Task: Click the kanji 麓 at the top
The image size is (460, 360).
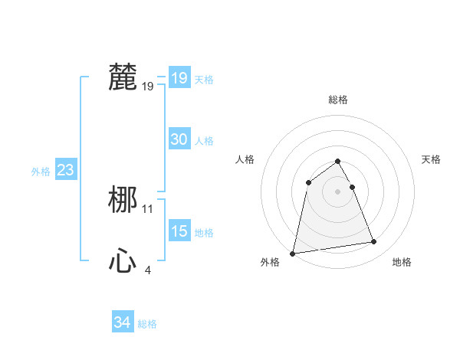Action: coord(123,77)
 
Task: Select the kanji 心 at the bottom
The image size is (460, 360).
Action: coord(123,262)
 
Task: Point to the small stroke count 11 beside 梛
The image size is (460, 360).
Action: coord(148,208)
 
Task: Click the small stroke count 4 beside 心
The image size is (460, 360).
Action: coord(148,270)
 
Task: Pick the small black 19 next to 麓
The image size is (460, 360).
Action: coord(148,87)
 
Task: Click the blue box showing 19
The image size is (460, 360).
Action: coord(179,78)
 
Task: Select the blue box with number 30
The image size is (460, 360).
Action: coord(179,139)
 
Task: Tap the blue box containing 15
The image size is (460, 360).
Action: coord(179,231)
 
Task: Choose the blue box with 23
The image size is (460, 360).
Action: coord(65,170)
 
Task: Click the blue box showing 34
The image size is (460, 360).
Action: coord(122,323)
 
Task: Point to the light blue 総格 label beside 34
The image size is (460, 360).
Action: coord(147,324)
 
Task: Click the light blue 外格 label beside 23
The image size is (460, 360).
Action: coord(41,172)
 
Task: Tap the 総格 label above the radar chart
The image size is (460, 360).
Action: coord(337,100)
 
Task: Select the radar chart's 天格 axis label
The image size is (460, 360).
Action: coord(431,159)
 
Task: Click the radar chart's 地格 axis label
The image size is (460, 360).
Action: coord(402,262)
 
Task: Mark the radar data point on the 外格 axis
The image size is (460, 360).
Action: coord(293,253)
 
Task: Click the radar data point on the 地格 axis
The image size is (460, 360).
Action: coord(374,242)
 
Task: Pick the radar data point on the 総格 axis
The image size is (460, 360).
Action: coord(337,161)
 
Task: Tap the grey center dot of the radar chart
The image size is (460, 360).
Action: coord(337,191)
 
